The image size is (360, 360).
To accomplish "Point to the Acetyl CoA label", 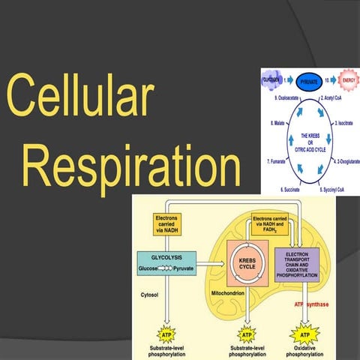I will (x=335, y=97).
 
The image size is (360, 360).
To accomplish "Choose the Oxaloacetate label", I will (x=278, y=97).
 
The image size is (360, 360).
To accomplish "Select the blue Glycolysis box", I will (x=166, y=262).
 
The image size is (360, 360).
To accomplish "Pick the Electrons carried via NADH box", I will (x=166, y=223).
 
